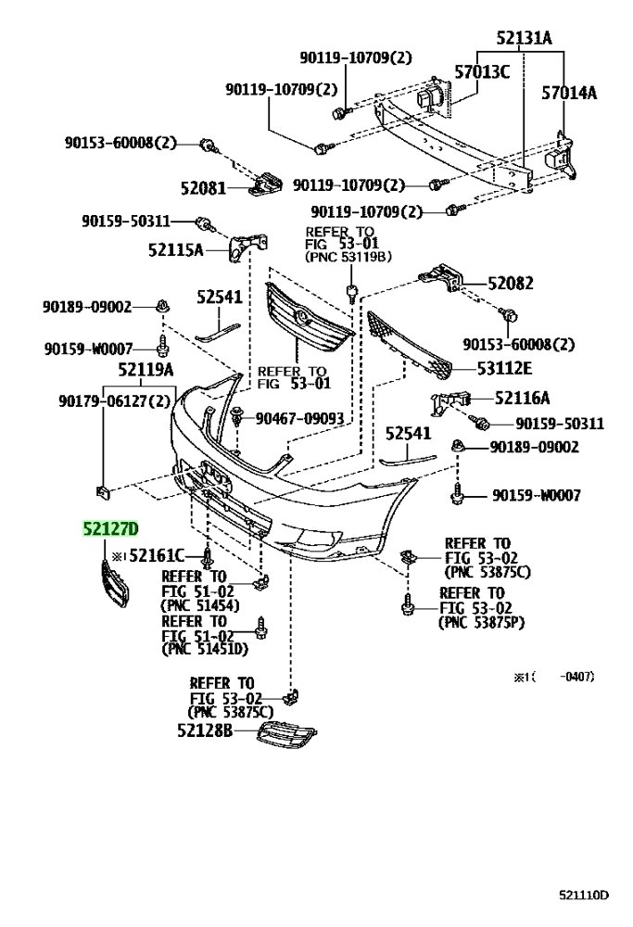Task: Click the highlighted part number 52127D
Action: pos(110,528)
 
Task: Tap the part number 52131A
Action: pos(524,38)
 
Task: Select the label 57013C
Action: pos(482,72)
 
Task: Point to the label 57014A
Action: pos(569,93)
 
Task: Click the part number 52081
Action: pos(203,188)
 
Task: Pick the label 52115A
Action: pos(175,250)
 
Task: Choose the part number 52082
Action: pos(511,283)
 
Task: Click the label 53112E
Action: pos(504,368)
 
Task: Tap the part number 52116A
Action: pos(522,398)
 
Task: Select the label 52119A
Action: pos(146,370)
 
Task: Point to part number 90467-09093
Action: pos(299,419)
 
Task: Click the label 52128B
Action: pos(205,730)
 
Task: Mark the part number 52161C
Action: pos(157,555)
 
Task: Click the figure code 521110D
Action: pos(583,895)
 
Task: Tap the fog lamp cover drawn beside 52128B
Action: pos(286,735)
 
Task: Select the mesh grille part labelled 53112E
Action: pos(409,345)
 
